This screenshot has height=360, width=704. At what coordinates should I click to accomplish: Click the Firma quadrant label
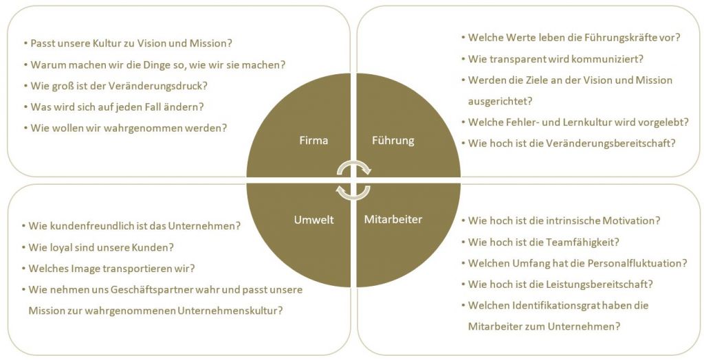(313, 141)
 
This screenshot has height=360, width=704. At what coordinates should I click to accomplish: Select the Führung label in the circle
(393, 141)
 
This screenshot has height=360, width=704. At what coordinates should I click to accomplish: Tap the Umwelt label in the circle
(313, 220)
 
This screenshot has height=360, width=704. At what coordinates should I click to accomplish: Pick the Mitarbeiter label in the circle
(393, 220)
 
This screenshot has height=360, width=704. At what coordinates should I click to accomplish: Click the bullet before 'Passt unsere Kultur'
(25, 43)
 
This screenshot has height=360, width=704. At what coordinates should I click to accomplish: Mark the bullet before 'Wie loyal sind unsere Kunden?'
(23, 247)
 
